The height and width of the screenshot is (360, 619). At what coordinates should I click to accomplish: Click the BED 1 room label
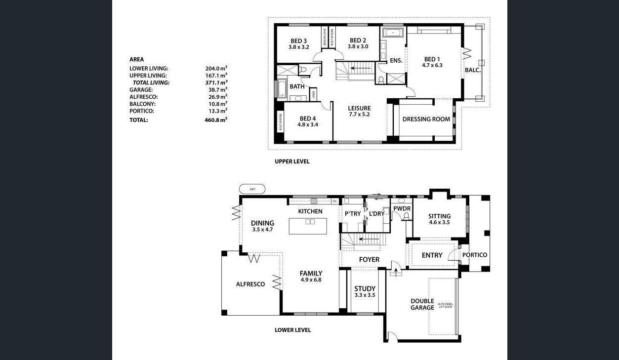coord(432,60)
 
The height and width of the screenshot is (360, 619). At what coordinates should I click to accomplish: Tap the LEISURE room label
coord(359,109)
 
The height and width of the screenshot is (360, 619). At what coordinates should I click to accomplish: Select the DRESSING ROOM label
coord(426,119)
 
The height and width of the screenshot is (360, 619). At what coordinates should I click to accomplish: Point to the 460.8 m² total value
coord(216,120)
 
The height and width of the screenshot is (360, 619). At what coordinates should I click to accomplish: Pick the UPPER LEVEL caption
coord(292,161)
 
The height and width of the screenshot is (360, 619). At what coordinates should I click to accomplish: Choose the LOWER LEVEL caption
coord(292,330)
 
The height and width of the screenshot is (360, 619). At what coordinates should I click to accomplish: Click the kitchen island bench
coord(308,226)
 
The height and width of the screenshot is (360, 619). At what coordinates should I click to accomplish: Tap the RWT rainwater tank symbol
coord(252,189)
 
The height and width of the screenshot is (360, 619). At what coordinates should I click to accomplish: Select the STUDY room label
coord(365,289)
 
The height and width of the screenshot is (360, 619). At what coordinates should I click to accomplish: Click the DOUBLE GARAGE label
coord(422,304)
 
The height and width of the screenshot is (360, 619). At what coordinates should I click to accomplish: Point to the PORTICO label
coord(474,255)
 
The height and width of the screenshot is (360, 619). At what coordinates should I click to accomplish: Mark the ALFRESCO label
coord(250,284)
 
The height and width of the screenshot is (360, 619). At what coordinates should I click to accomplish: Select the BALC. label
coord(472,70)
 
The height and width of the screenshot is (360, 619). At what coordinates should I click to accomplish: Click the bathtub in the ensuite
coord(393,33)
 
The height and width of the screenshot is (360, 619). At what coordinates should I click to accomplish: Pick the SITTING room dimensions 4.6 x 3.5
coord(439,223)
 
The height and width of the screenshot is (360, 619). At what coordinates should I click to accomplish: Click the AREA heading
coord(136,60)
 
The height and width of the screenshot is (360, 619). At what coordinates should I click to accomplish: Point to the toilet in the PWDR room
coord(406,216)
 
